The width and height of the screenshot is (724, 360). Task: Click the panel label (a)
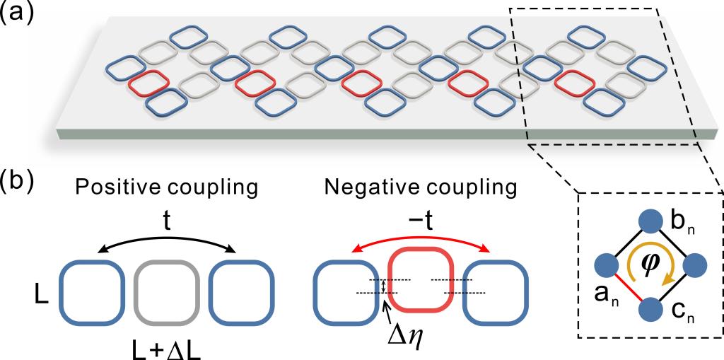(17, 14)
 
